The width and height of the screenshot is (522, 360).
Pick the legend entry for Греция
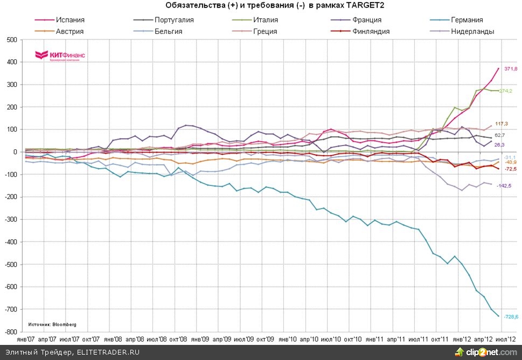point(265,31)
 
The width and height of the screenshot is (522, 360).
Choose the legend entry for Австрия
point(68,31)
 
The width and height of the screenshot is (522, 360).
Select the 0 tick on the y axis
point(14,152)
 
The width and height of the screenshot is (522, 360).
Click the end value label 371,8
point(511,69)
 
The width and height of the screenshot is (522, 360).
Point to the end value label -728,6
point(511,317)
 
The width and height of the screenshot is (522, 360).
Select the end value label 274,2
point(505,91)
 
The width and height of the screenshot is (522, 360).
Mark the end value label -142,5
point(504,185)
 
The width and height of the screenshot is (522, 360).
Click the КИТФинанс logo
point(60,56)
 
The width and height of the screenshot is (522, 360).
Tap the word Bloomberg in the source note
point(65,324)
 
